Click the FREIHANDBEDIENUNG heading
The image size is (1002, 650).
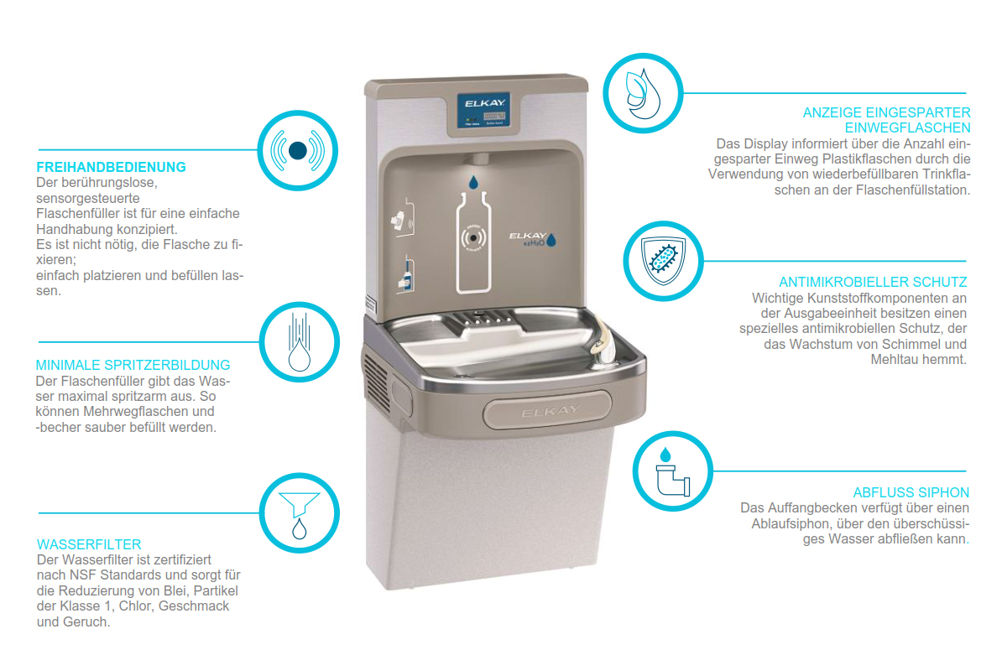(x=111, y=167)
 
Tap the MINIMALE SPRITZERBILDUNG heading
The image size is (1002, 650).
(x=133, y=365)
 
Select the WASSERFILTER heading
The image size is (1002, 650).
(x=89, y=544)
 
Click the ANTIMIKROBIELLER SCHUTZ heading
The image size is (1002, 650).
(x=873, y=282)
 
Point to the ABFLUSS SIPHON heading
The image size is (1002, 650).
(x=911, y=493)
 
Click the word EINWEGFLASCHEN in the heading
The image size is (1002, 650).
(x=907, y=128)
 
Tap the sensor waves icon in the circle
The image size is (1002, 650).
(x=298, y=151)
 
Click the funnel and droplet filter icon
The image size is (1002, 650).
(x=299, y=515)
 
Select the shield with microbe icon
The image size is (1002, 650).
(x=663, y=261)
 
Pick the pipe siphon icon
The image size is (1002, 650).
(x=672, y=472)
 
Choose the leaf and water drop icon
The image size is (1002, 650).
(x=642, y=94)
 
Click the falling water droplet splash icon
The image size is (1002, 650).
(x=299, y=342)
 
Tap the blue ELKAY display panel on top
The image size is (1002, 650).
(x=483, y=110)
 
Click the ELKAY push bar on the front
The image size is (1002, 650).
(x=548, y=411)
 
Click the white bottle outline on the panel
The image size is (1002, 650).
(x=473, y=242)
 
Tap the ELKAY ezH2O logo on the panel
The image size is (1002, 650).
(x=532, y=239)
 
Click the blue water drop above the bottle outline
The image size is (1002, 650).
(x=473, y=183)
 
